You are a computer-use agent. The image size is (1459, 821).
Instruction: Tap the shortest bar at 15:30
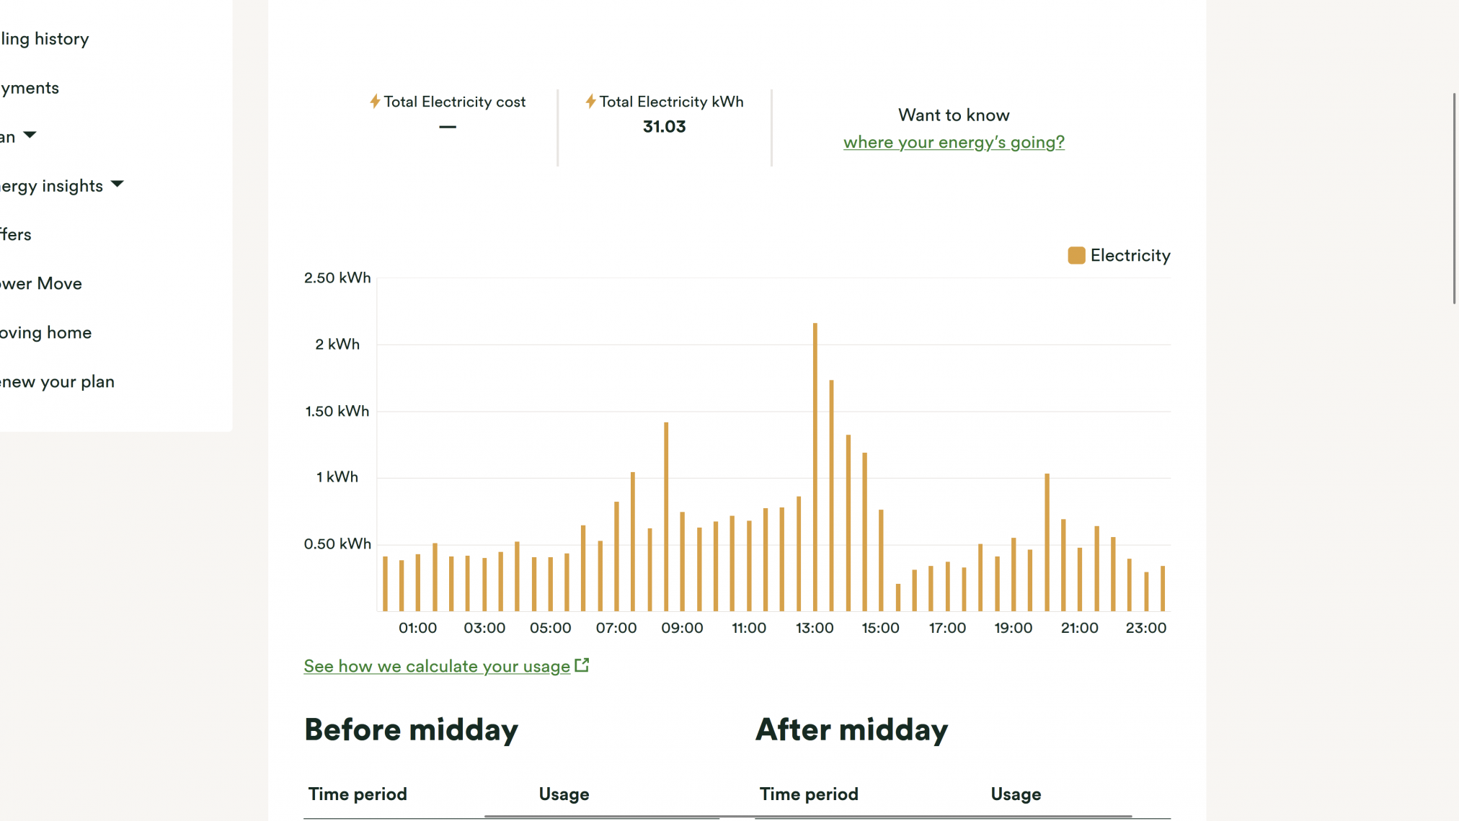pyautogui.click(x=897, y=598)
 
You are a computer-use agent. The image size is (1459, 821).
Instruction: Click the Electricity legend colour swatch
pyautogui.click(x=1076, y=255)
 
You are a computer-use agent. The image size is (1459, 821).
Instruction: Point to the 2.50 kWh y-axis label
pyautogui.click(x=337, y=278)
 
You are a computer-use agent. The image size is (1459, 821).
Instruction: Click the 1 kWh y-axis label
pyautogui.click(x=337, y=477)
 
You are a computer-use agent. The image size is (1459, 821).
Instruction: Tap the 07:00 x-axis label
pyautogui.click(x=616, y=628)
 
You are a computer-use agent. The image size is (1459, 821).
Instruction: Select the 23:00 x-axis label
pyautogui.click(x=1145, y=628)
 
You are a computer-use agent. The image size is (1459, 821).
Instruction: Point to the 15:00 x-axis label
pyautogui.click(x=880, y=628)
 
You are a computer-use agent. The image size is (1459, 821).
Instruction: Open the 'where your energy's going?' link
pyautogui.click(x=953, y=142)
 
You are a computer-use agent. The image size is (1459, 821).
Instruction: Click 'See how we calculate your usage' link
pyautogui.click(x=437, y=666)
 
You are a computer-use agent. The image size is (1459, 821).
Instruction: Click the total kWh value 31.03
pyautogui.click(x=664, y=127)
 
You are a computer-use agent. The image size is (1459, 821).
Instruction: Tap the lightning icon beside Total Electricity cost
pyautogui.click(x=375, y=102)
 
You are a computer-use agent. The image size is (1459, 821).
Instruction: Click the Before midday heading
pyautogui.click(x=411, y=729)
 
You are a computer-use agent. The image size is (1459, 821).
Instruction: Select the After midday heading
pyautogui.click(x=851, y=729)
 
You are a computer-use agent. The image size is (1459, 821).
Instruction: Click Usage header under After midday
pyautogui.click(x=1015, y=794)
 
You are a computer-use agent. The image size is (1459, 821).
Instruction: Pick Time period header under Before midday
pyautogui.click(x=358, y=794)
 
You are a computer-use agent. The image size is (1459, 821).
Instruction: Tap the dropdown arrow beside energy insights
pyautogui.click(x=117, y=185)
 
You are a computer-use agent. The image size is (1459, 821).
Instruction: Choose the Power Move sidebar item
pyautogui.click(x=41, y=283)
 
